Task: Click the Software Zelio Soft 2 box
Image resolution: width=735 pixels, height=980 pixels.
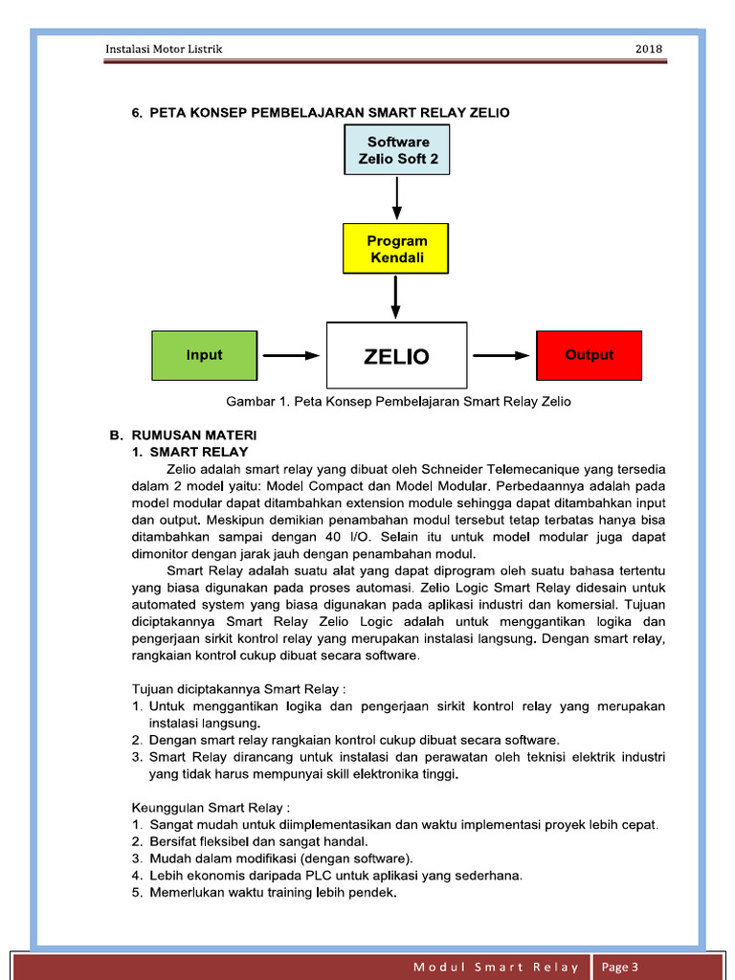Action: tap(396, 150)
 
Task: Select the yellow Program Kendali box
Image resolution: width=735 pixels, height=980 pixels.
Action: tap(396, 249)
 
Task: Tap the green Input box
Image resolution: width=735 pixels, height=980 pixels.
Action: tap(205, 355)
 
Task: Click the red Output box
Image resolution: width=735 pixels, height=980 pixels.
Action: tap(589, 355)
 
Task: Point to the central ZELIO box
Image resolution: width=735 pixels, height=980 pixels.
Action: tap(396, 356)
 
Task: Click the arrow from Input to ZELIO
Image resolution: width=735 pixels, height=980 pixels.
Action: tap(291, 355)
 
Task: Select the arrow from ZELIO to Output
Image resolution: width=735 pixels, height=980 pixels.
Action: tap(501, 355)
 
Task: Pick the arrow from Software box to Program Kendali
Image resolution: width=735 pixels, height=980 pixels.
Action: tap(396, 198)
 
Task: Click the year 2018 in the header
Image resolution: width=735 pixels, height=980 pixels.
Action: tap(648, 50)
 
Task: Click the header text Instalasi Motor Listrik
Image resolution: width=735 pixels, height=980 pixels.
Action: tap(163, 50)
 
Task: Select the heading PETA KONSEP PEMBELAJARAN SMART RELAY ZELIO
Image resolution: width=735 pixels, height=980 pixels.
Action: tap(321, 113)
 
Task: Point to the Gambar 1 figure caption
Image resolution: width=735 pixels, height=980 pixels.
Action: tap(398, 402)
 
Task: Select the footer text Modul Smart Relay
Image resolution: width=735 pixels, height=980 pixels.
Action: tap(496, 968)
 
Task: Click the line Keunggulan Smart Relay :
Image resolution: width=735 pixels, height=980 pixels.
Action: tap(211, 807)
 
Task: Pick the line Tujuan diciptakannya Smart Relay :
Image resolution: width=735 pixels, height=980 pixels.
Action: tap(238, 688)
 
